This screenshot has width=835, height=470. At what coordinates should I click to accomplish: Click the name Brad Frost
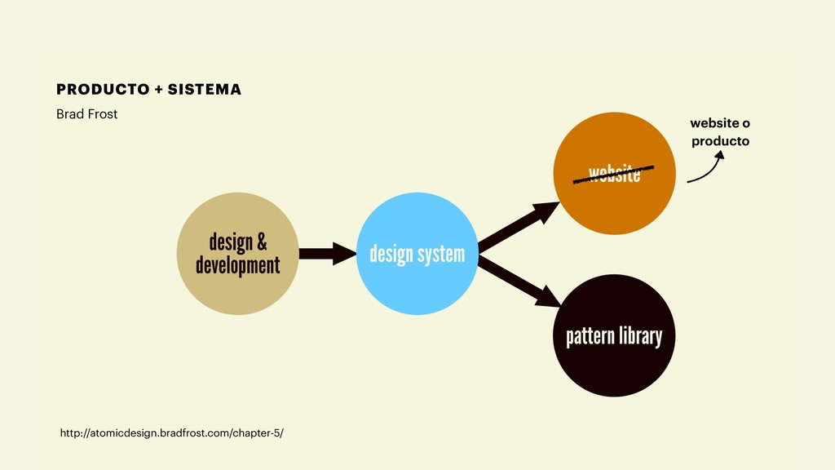(x=86, y=114)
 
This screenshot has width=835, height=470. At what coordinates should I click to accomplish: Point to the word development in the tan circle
(x=237, y=265)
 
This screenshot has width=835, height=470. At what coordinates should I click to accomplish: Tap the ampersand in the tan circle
(x=261, y=242)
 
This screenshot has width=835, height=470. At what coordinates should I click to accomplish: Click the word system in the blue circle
(x=441, y=255)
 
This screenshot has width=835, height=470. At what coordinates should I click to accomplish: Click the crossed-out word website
(x=615, y=174)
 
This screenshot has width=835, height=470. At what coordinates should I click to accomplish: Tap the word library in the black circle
(x=640, y=335)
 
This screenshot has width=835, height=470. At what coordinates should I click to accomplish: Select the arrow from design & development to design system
(x=327, y=254)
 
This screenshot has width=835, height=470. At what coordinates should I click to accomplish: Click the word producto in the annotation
(x=720, y=142)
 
